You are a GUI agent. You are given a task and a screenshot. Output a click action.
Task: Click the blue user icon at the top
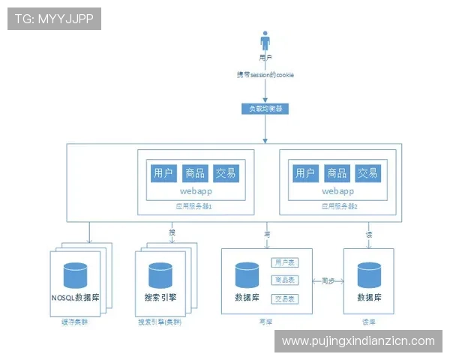pos(265,41)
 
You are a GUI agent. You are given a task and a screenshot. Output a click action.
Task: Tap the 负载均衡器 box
pos(265,108)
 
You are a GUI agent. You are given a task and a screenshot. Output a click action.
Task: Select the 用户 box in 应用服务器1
pos(163,173)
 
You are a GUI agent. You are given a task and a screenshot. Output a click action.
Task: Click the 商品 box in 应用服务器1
pos(195,173)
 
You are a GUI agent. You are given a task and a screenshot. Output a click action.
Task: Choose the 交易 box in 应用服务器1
pos(226,173)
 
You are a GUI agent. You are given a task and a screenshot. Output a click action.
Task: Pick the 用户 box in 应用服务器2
pos(305,173)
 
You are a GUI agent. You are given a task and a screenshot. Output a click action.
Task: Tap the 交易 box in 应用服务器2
pos(367,173)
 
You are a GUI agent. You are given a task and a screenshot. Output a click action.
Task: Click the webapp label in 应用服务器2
pos(337,191)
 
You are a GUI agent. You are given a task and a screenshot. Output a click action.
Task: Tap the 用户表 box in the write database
pos(283,263)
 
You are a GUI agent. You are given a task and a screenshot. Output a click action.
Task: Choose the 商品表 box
pos(283,280)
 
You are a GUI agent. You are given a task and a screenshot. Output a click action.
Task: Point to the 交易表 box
pos(283,298)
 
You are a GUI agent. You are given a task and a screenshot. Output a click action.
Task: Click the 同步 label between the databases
pos(327,281)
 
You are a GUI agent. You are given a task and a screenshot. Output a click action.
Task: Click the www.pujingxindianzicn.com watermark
pos(358,340)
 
